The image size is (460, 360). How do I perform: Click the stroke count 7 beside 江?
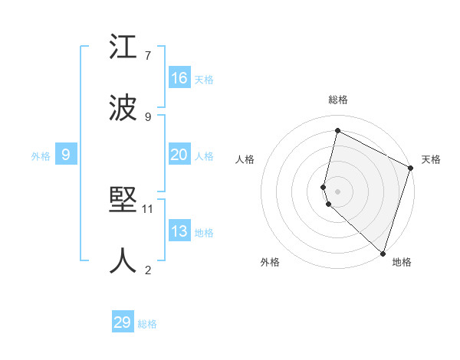[148, 55]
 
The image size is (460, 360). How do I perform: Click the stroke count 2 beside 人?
[148, 269]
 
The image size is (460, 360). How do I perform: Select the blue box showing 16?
[179, 78]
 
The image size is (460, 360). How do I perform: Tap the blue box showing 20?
[179, 155]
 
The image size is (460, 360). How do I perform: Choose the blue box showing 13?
[179, 231]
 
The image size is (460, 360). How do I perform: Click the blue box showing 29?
[123, 322]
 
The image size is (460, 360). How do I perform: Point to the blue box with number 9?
[66, 155]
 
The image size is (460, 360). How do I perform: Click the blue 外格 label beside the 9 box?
[41, 155]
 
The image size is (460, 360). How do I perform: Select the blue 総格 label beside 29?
[147, 324]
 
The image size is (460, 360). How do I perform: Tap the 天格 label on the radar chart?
[431, 159]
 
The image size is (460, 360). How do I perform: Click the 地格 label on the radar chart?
[402, 262]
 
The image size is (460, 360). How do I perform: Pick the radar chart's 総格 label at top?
[337, 100]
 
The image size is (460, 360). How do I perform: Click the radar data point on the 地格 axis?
[383, 253]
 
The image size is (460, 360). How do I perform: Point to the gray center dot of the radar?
[337, 191]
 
